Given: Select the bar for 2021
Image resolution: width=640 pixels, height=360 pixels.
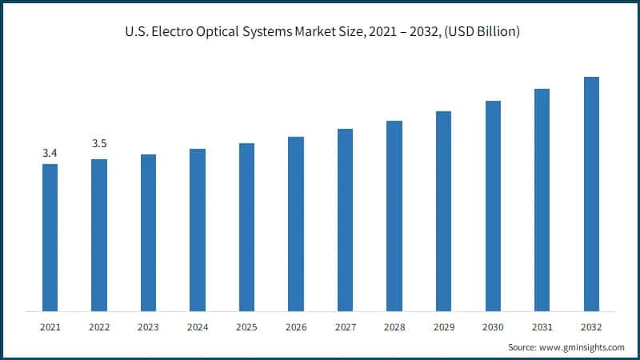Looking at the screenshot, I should [x=50, y=238].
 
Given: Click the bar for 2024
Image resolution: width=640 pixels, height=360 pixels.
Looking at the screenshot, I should [x=198, y=230].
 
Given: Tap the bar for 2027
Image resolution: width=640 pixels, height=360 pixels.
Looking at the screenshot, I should [x=345, y=220].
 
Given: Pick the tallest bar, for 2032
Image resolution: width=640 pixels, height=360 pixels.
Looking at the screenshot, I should [x=591, y=194].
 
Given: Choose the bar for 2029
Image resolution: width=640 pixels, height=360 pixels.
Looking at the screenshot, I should [x=443, y=211].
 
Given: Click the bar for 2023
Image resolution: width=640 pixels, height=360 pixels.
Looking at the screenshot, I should [x=148, y=233].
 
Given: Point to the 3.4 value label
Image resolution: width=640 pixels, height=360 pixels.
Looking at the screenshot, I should [x=50, y=152].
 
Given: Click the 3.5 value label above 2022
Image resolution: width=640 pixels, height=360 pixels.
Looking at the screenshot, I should [x=99, y=144].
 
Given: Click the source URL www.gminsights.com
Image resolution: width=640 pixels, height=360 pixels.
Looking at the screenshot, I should [x=582, y=348].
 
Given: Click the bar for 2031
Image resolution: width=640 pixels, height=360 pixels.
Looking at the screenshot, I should [x=542, y=200].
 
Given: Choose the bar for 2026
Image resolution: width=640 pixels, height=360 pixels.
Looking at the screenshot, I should [x=296, y=224].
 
